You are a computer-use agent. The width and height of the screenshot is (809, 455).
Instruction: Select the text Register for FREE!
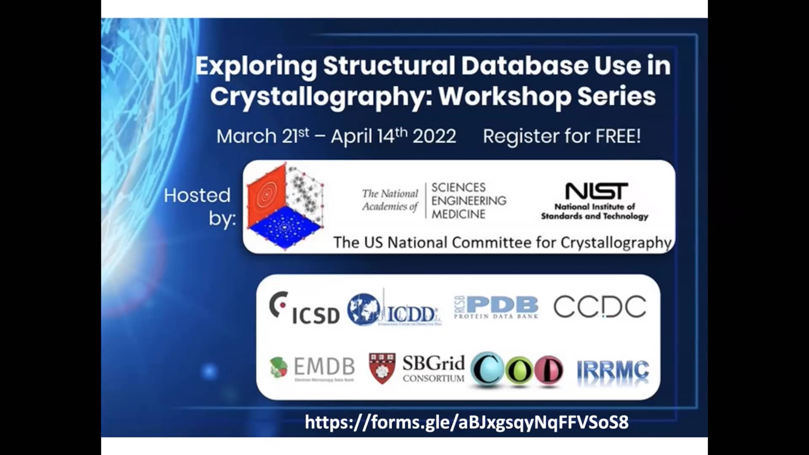(562, 136)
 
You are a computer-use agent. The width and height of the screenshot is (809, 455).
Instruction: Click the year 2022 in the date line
(434, 136)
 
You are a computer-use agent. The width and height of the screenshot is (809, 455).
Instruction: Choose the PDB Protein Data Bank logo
(496, 307)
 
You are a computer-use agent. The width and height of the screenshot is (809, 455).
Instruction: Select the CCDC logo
(600, 307)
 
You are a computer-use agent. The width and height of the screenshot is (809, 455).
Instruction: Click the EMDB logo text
(324, 367)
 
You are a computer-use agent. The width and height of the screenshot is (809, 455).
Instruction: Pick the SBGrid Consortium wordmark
(433, 368)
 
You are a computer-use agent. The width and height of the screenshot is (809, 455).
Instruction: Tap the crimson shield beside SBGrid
(382, 368)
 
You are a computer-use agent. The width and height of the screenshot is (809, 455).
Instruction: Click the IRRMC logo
(612, 371)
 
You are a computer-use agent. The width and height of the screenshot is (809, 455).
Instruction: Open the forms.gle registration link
(466, 422)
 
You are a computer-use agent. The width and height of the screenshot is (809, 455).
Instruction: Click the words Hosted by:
(198, 206)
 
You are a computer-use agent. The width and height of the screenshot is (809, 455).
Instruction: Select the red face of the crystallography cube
(265, 194)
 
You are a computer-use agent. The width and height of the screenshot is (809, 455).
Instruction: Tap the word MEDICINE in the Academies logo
(458, 214)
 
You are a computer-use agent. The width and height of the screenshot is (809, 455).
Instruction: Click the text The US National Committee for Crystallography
(502, 243)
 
